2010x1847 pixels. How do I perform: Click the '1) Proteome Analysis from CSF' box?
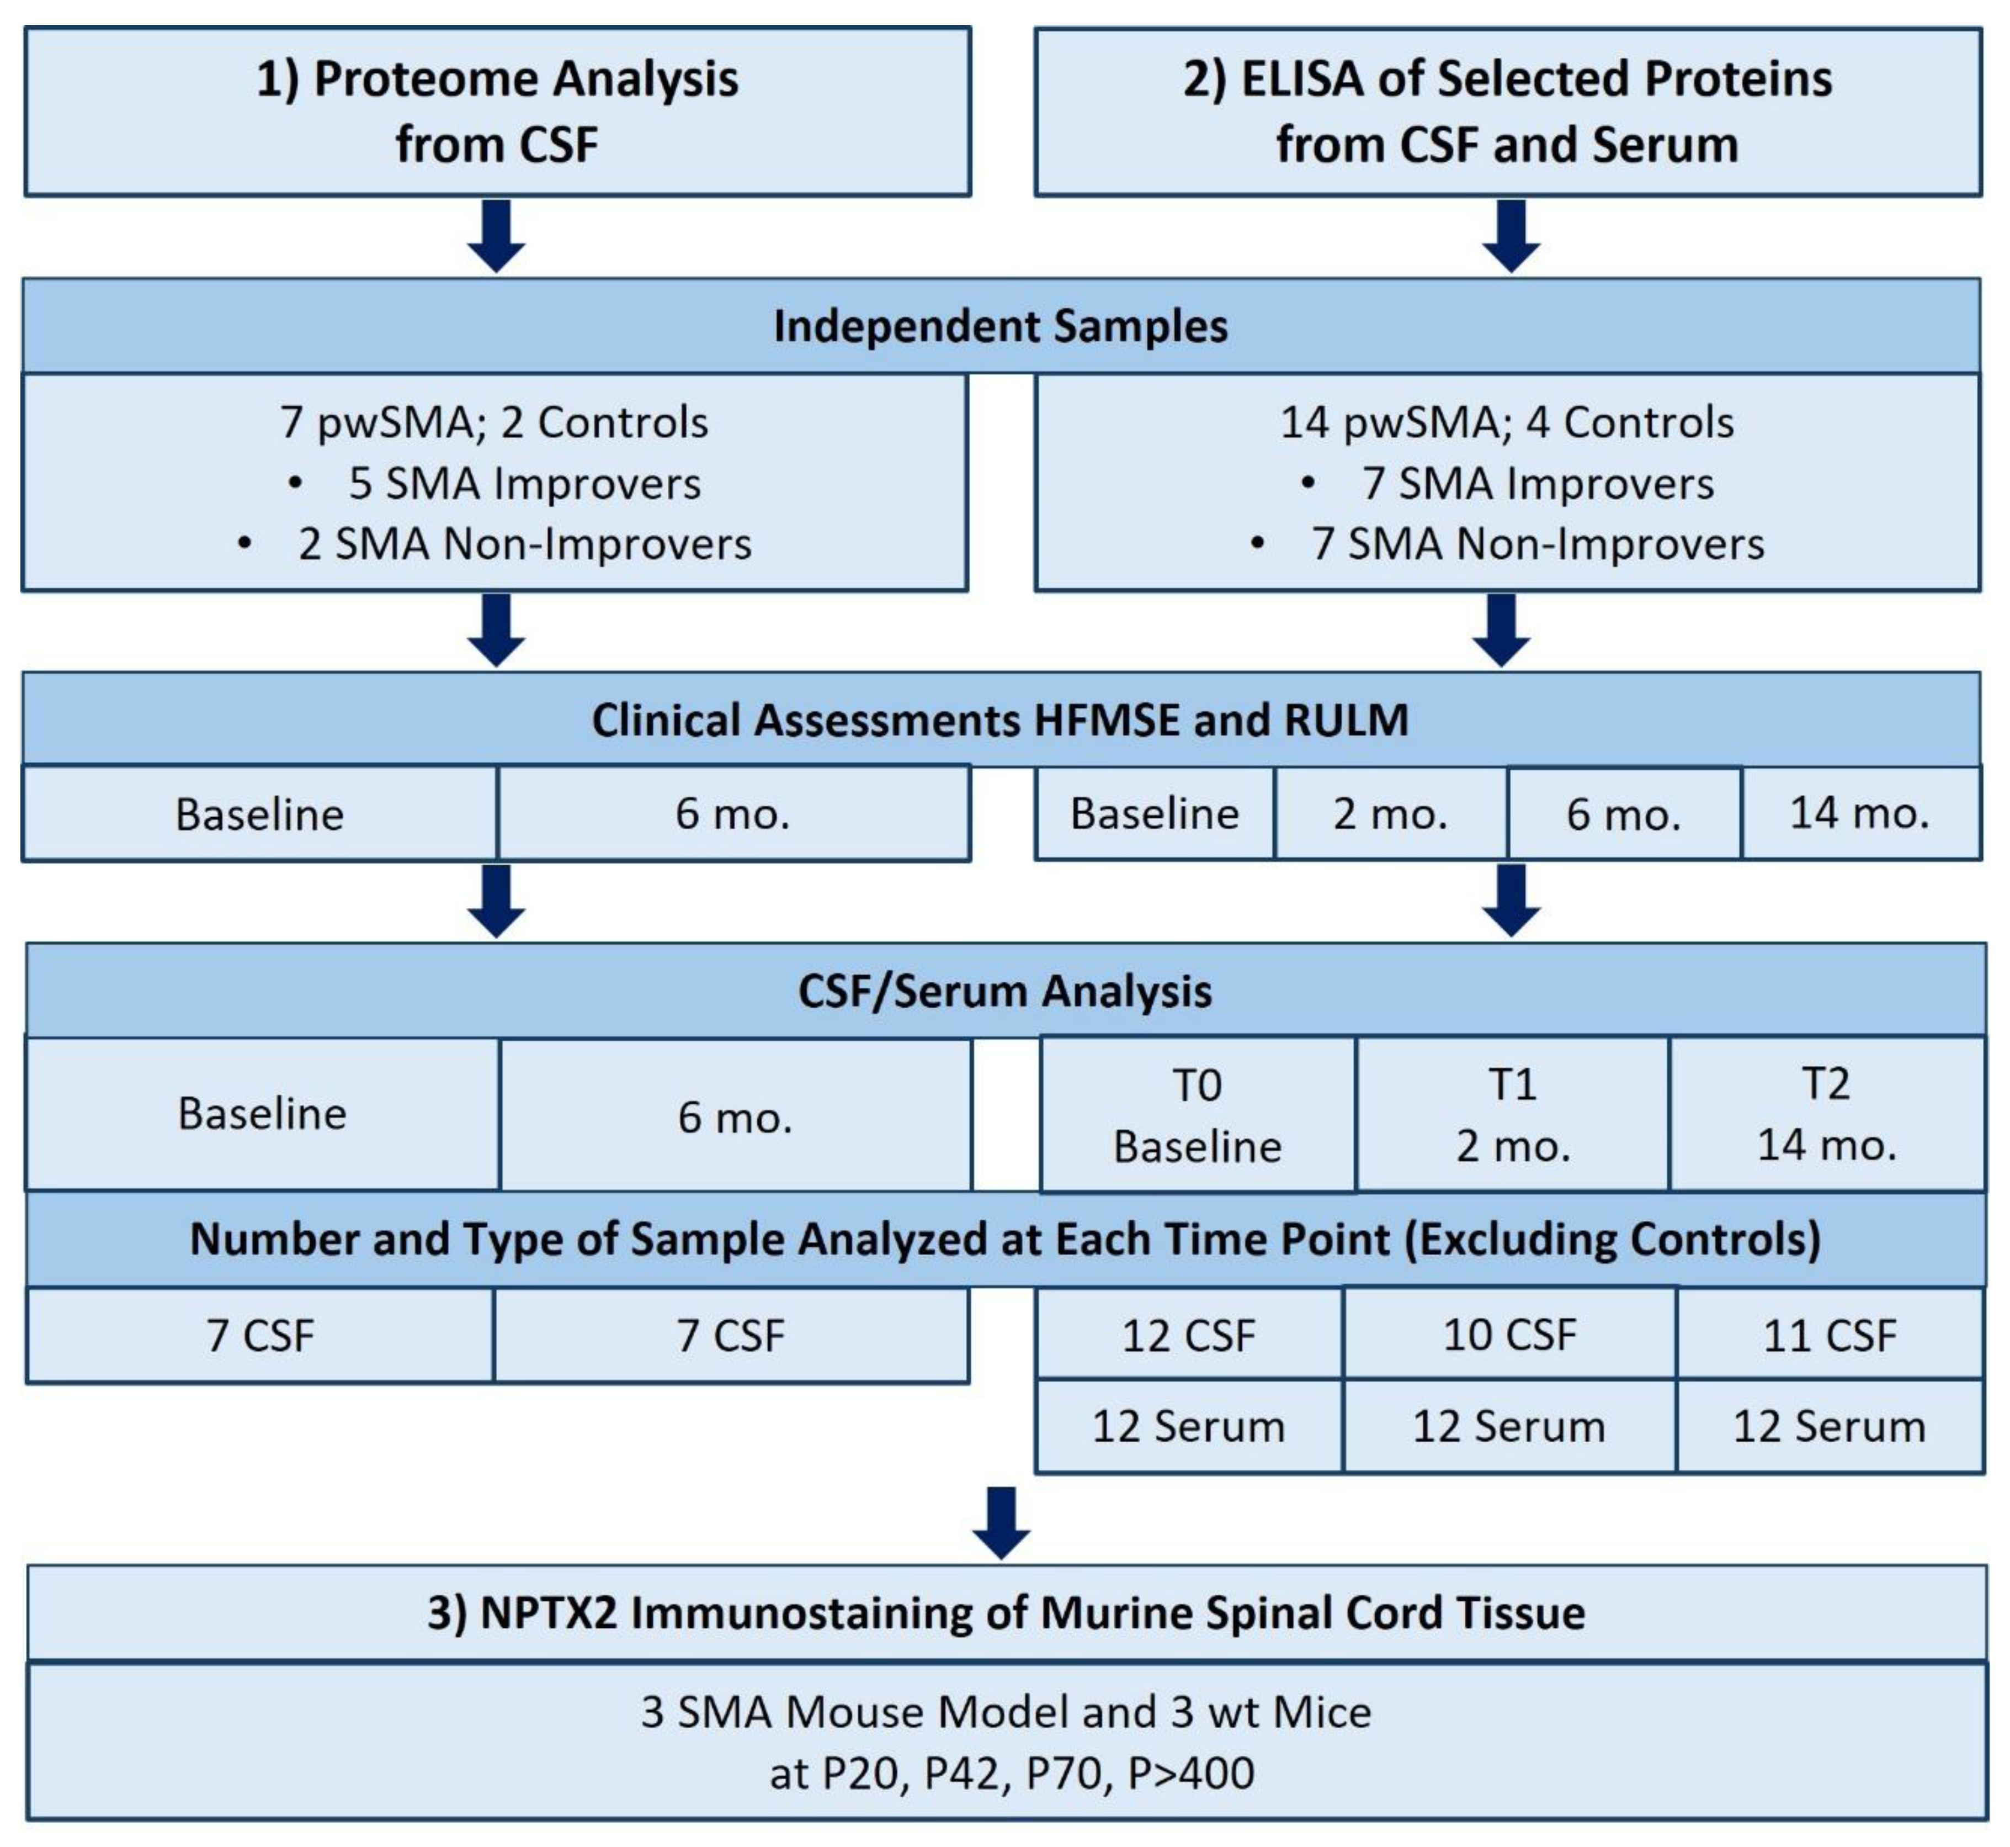click(x=497, y=111)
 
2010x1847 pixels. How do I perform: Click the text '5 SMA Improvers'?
click(x=524, y=484)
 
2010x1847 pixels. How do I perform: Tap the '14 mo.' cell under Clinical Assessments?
click(x=1859, y=813)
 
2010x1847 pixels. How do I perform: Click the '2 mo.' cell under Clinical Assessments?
click(x=1390, y=813)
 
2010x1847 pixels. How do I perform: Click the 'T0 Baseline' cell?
click(x=1197, y=1115)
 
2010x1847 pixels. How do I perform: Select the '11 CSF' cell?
click(x=1828, y=1335)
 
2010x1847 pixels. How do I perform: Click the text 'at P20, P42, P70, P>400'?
click(x=1011, y=1773)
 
